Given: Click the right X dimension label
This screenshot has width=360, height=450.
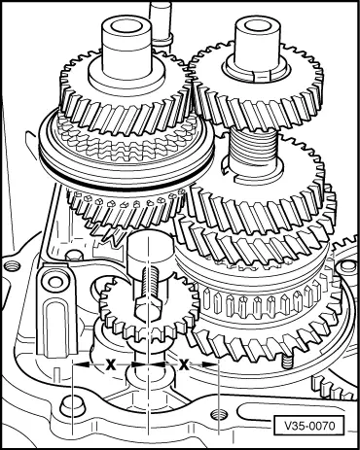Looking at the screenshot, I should pyautogui.click(x=184, y=363).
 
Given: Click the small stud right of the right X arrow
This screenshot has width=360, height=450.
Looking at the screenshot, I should pyautogui.click(x=288, y=359).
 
